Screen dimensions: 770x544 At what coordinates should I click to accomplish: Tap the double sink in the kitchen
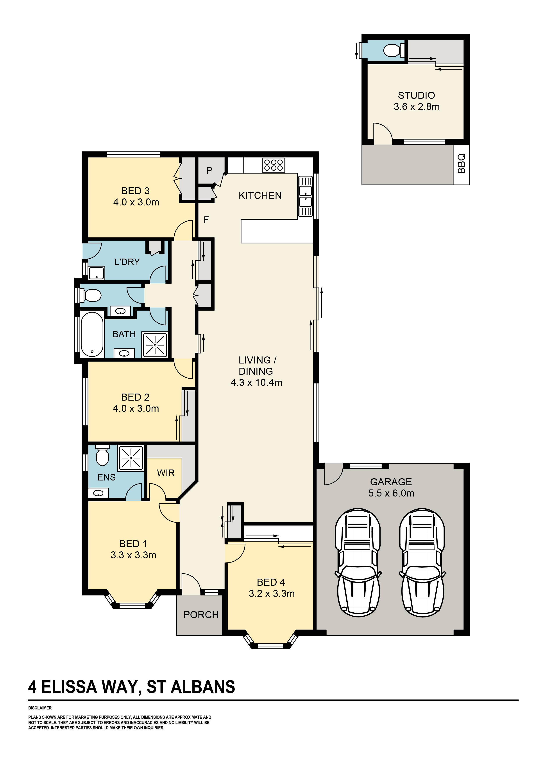tap(305, 196)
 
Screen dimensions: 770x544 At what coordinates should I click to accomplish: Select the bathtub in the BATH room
tap(92, 334)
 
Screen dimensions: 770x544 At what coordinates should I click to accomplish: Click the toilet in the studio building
tap(392, 51)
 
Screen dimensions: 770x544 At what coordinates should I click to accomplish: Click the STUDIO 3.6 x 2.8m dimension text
tap(416, 107)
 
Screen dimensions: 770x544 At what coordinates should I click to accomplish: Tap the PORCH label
tap(201, 615)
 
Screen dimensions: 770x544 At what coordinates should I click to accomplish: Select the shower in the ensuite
tap(131, 458)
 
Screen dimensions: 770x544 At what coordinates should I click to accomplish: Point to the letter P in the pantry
tap(209, 170)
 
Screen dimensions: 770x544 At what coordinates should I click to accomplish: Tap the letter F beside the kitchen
tap(206, 220)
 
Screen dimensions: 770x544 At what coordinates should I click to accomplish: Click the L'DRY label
tap(127, 262)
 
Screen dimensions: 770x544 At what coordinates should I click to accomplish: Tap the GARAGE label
tap(391, 482)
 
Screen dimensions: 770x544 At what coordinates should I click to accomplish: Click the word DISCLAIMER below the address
tap(40, 708)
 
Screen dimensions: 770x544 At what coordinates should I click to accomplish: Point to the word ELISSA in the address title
tap(69, 687)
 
